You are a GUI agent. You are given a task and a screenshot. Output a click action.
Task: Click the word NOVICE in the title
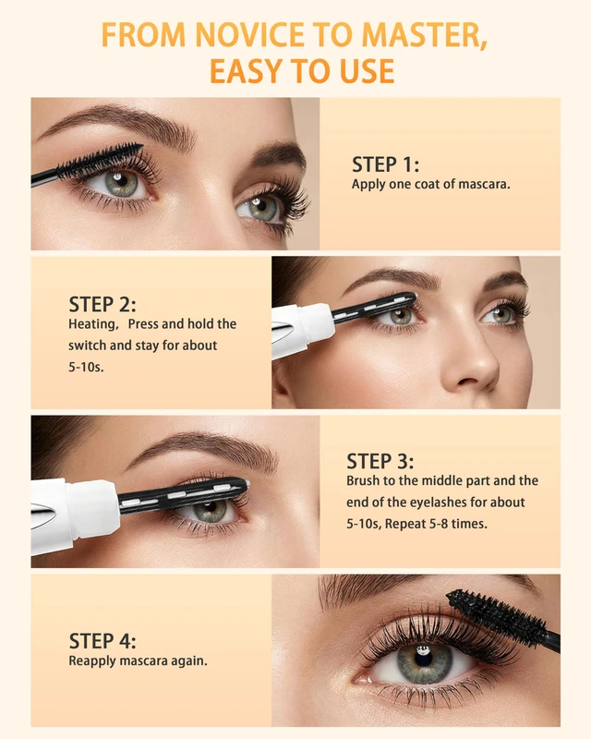(249, 34)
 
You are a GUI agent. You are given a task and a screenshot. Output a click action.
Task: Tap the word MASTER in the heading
(424, 35)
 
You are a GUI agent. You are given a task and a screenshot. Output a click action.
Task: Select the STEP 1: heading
(385, 164)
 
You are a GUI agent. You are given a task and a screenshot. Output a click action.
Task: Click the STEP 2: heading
(103, 305)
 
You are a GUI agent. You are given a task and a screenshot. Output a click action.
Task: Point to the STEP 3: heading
(380, 461)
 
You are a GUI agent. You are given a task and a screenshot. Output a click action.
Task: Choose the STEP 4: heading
(103, 641)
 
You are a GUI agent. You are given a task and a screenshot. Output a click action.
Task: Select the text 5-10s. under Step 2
(86, 367)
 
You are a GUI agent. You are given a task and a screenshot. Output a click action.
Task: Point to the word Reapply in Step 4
(92, 661)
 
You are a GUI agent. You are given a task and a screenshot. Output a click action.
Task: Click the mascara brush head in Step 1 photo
(101, 160)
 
